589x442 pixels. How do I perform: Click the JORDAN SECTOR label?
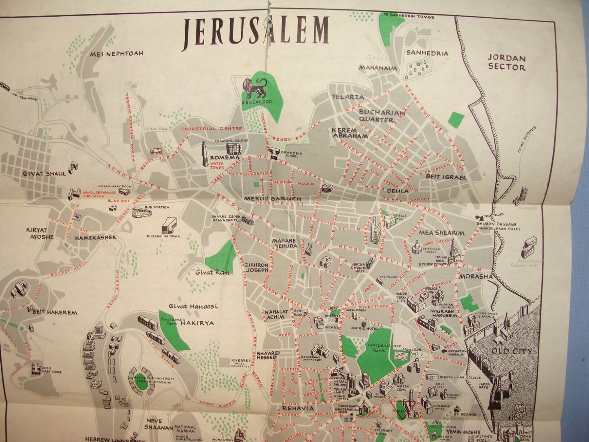[x=506, y=62]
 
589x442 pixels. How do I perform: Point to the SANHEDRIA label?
[x=427, y=53]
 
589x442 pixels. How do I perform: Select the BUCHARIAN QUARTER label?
[x=377, y=116]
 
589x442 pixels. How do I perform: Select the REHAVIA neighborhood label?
[x=296, y=408]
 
